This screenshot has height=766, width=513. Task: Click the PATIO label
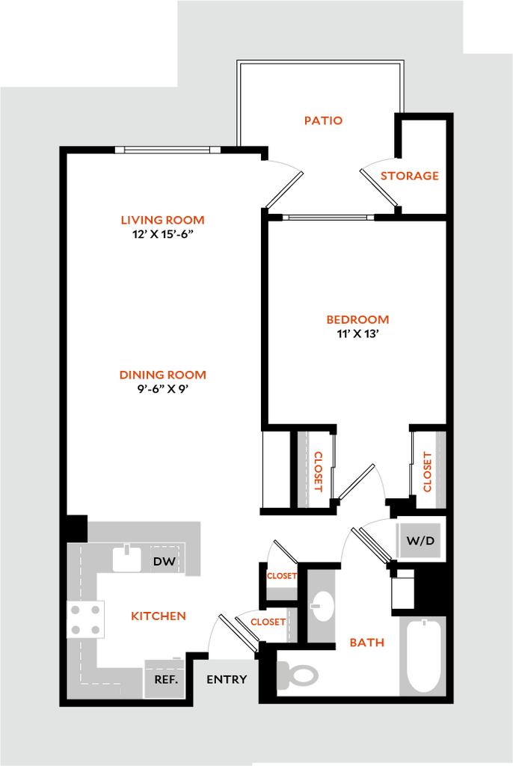(x=324, y=120)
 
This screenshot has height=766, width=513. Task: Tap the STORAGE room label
(x=409, y=176)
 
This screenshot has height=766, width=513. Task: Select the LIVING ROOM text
(x=163, y=221)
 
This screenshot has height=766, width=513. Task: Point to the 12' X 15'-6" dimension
(x=163, y=234)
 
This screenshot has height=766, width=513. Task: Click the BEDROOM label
(x=357, y=320)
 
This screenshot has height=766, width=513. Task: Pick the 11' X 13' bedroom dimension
(x=357, y=334)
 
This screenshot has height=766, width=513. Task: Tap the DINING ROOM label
(x=163, y=376)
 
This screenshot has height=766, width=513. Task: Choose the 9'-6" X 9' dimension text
(x=163, y=389)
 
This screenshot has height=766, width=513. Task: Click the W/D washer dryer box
(x=421, y=541)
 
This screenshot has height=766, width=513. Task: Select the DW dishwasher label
(x=165, y=561)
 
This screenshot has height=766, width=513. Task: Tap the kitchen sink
(x=127, y=558)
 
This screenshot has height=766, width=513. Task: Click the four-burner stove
(x=85, y=620)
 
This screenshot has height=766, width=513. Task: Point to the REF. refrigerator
(x=165, y=678)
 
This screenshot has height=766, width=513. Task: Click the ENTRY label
(x=227, y=679)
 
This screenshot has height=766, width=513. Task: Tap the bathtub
(x=423, y=655)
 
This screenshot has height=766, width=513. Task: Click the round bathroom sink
(x=322, y=606)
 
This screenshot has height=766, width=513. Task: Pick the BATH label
(x=367, y=643)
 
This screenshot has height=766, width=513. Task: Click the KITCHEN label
(x=159, y=616)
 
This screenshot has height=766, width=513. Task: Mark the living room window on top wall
(x=168, y=150)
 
